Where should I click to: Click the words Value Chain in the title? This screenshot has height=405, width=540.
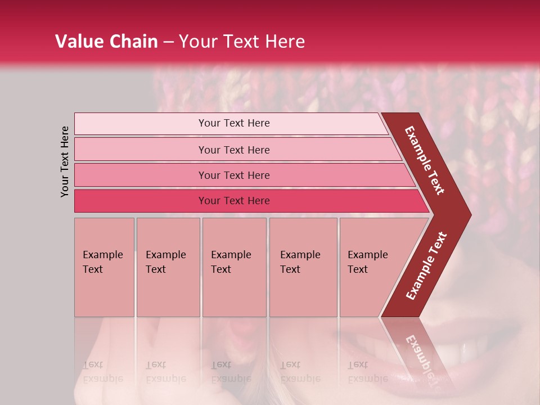tap(106, 42)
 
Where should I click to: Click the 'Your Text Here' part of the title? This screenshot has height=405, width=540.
tap(242, 42)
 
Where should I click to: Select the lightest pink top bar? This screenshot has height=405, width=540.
tap(141, 124)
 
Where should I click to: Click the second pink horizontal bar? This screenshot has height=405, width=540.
tap(141, 150)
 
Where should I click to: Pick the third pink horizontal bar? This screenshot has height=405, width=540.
tap(141, 175)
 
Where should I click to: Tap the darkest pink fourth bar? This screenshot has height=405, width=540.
tap(141, 201)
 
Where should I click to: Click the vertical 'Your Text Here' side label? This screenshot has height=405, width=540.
tap(65, 161)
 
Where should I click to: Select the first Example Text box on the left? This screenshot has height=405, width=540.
tap(104, 267)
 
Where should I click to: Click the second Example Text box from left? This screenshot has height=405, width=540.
tap(168, 267)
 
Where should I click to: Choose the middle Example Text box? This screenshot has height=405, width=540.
tap(234, 267)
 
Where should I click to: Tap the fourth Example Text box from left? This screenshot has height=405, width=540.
tap(303, 267)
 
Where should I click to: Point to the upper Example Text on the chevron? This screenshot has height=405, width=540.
tap(425, 160)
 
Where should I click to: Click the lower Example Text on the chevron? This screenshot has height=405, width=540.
tap(426, 265)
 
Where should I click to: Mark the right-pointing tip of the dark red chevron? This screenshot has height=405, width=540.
tap(470, 215)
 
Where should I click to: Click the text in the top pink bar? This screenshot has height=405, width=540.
tap(234, 123)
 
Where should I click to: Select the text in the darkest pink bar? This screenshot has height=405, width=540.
tap(234, 201)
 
